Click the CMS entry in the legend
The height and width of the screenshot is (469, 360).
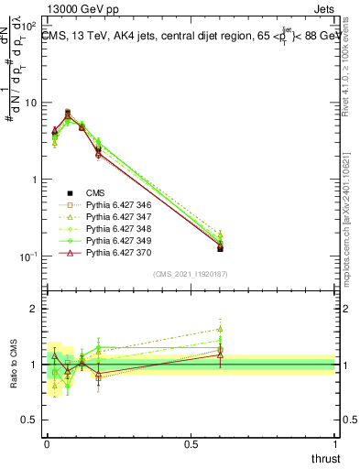[95, 192]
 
